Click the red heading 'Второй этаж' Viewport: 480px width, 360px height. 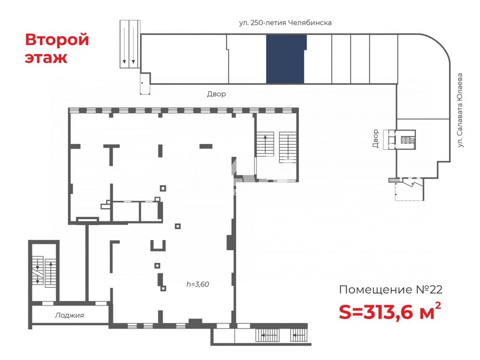(57, 48)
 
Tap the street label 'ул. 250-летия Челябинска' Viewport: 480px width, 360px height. (285, 22)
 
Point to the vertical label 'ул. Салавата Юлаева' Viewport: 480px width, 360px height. (460, 110)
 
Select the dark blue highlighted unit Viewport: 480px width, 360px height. (286, 59)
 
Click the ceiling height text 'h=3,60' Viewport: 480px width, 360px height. (198, 284)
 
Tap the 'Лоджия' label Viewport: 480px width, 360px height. (69, 315)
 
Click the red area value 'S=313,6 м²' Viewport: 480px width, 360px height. (390, 311)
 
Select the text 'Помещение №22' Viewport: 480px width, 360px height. (391, 290)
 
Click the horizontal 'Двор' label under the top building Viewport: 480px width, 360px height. (217, 94)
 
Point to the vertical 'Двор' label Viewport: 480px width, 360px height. (375, 138)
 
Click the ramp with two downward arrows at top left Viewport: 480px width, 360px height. (130, 44)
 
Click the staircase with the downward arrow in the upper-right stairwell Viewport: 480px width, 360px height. (288, 147)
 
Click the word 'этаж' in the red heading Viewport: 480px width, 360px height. (46, 58)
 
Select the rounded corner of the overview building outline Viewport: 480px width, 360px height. (440, 43)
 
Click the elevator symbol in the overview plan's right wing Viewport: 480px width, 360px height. (408, 140)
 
